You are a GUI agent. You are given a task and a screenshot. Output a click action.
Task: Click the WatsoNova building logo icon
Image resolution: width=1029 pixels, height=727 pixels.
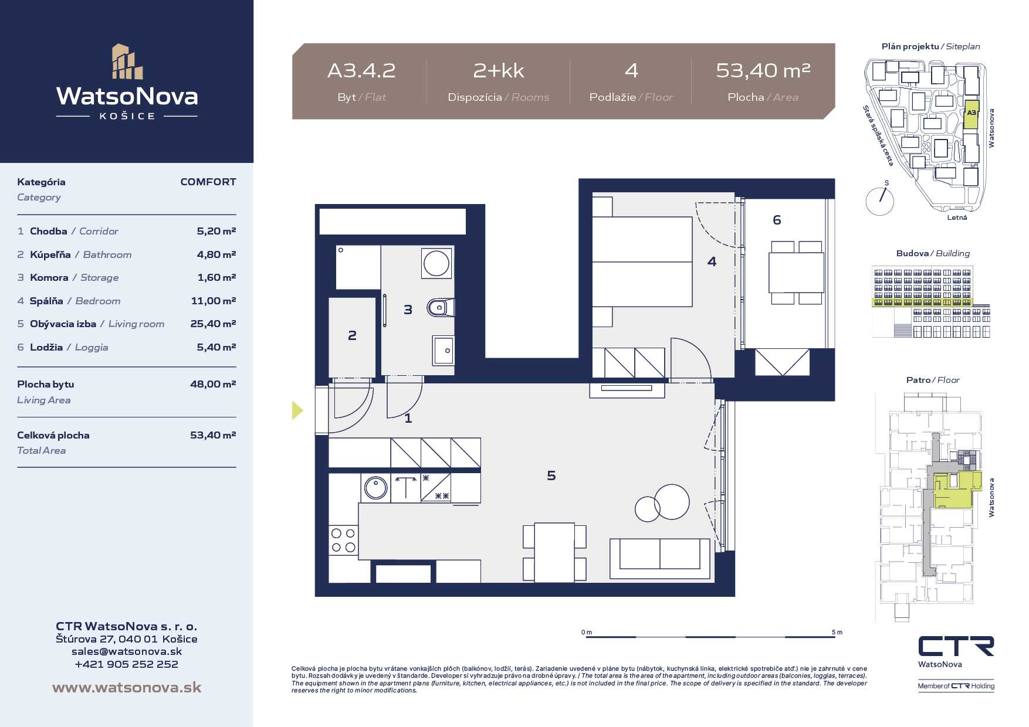pos(127,62)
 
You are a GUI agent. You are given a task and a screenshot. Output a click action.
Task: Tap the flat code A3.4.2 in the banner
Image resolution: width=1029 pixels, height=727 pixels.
pos(361,71)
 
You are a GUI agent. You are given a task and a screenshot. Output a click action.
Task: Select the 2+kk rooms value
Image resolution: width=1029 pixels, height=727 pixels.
pos(499,71)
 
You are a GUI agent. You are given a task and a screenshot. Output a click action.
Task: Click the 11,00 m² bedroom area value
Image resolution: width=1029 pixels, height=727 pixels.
pos(214,301)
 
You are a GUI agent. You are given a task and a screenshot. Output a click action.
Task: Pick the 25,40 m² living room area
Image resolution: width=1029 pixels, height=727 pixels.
pos(213,324)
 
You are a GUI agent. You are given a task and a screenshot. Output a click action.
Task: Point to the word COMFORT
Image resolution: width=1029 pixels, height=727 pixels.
pos(208,182)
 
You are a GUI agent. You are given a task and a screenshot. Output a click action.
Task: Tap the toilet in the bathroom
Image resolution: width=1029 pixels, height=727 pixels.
pos(441,307)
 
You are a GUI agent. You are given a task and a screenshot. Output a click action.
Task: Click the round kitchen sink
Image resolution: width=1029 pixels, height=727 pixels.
pos(375,487)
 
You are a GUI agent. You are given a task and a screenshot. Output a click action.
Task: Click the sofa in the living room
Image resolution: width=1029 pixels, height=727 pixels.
pos(660,558)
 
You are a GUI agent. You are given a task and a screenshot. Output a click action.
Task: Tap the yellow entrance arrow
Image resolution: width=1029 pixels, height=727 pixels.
pos(297,410)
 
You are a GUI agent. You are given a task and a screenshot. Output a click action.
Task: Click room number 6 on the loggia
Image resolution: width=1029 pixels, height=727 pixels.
pos(777,220)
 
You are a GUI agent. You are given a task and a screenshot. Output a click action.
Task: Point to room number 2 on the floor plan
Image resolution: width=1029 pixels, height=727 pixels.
pos(352,335)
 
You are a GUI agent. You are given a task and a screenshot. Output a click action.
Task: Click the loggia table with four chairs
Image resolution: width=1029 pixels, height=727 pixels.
pos(796,273)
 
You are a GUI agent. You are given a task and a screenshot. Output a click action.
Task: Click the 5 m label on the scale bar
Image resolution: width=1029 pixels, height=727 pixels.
pos(837,632)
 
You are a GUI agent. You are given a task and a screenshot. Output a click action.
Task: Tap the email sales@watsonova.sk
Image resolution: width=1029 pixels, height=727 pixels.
pos(127,651)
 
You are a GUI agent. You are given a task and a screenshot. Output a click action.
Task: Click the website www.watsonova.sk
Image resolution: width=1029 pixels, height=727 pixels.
pos(127,687)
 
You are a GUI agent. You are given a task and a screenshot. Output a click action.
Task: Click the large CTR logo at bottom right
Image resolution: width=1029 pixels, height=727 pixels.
pos(956,646)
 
